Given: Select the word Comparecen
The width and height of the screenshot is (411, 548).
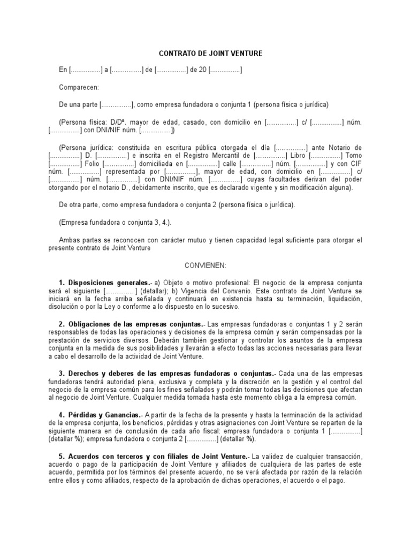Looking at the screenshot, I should (x=78, y=87).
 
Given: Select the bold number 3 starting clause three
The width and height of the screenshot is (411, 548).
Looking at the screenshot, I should (x=61, y=373).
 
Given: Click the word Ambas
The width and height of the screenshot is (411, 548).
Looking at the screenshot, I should (x=69, y=240).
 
